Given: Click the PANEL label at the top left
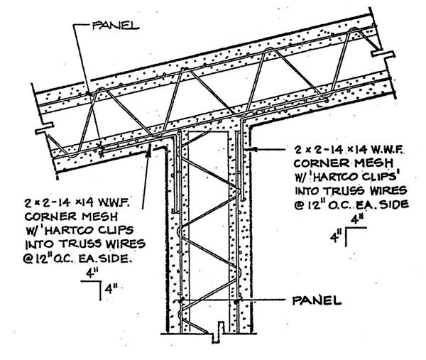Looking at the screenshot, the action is coord(116,26).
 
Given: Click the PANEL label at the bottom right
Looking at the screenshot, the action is coord(317,300).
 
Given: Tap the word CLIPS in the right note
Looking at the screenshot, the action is coord(375,177).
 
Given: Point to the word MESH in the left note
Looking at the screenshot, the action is coord(100,217).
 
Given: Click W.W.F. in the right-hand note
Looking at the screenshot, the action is coord(386,149).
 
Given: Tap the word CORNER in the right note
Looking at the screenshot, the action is coord(318,163).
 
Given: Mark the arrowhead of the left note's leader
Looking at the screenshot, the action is coord(149,148).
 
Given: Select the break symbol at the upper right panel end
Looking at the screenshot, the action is coord(383,53).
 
